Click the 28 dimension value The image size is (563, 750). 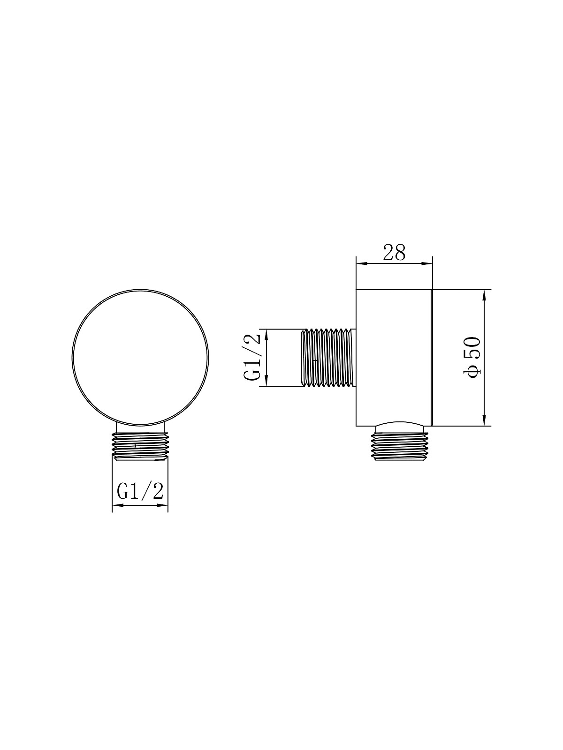pos(394,253)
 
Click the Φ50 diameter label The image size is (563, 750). pos(472,357)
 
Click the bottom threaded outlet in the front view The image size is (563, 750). pos(140,447)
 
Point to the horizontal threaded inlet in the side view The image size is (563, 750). pos(328,358)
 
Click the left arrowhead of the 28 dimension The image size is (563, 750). pos(362,263)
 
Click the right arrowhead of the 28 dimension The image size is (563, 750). pos(426,263)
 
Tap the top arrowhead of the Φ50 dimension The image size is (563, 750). pos(484,296)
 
